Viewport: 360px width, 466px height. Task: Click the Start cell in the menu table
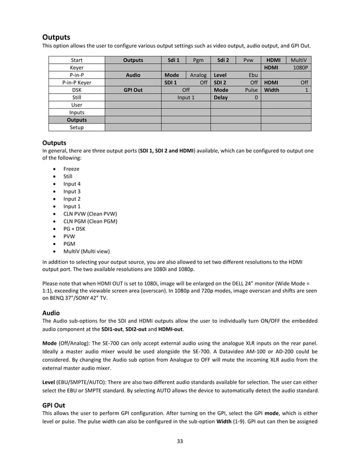[x=76, y=60]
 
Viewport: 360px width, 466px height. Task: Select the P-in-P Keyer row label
[x=76, y=82]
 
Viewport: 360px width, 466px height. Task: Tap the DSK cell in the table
[x=76, y=90]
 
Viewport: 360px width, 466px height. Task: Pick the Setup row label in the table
[x=76, y=128]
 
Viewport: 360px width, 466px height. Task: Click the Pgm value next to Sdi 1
[x=198, y=60]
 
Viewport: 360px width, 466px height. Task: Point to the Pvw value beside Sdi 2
[x=248, y=60]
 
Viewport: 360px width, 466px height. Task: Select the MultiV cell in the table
[x=298, y=60]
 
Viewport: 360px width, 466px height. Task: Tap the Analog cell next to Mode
[x=198, y=75]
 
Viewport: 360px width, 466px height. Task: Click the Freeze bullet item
[x=71, y=169]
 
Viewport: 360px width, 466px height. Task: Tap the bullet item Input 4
[x=72, y=184]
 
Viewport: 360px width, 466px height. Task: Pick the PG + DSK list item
[x=74, y=229]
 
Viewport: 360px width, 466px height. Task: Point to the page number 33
[x=180, y=442]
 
